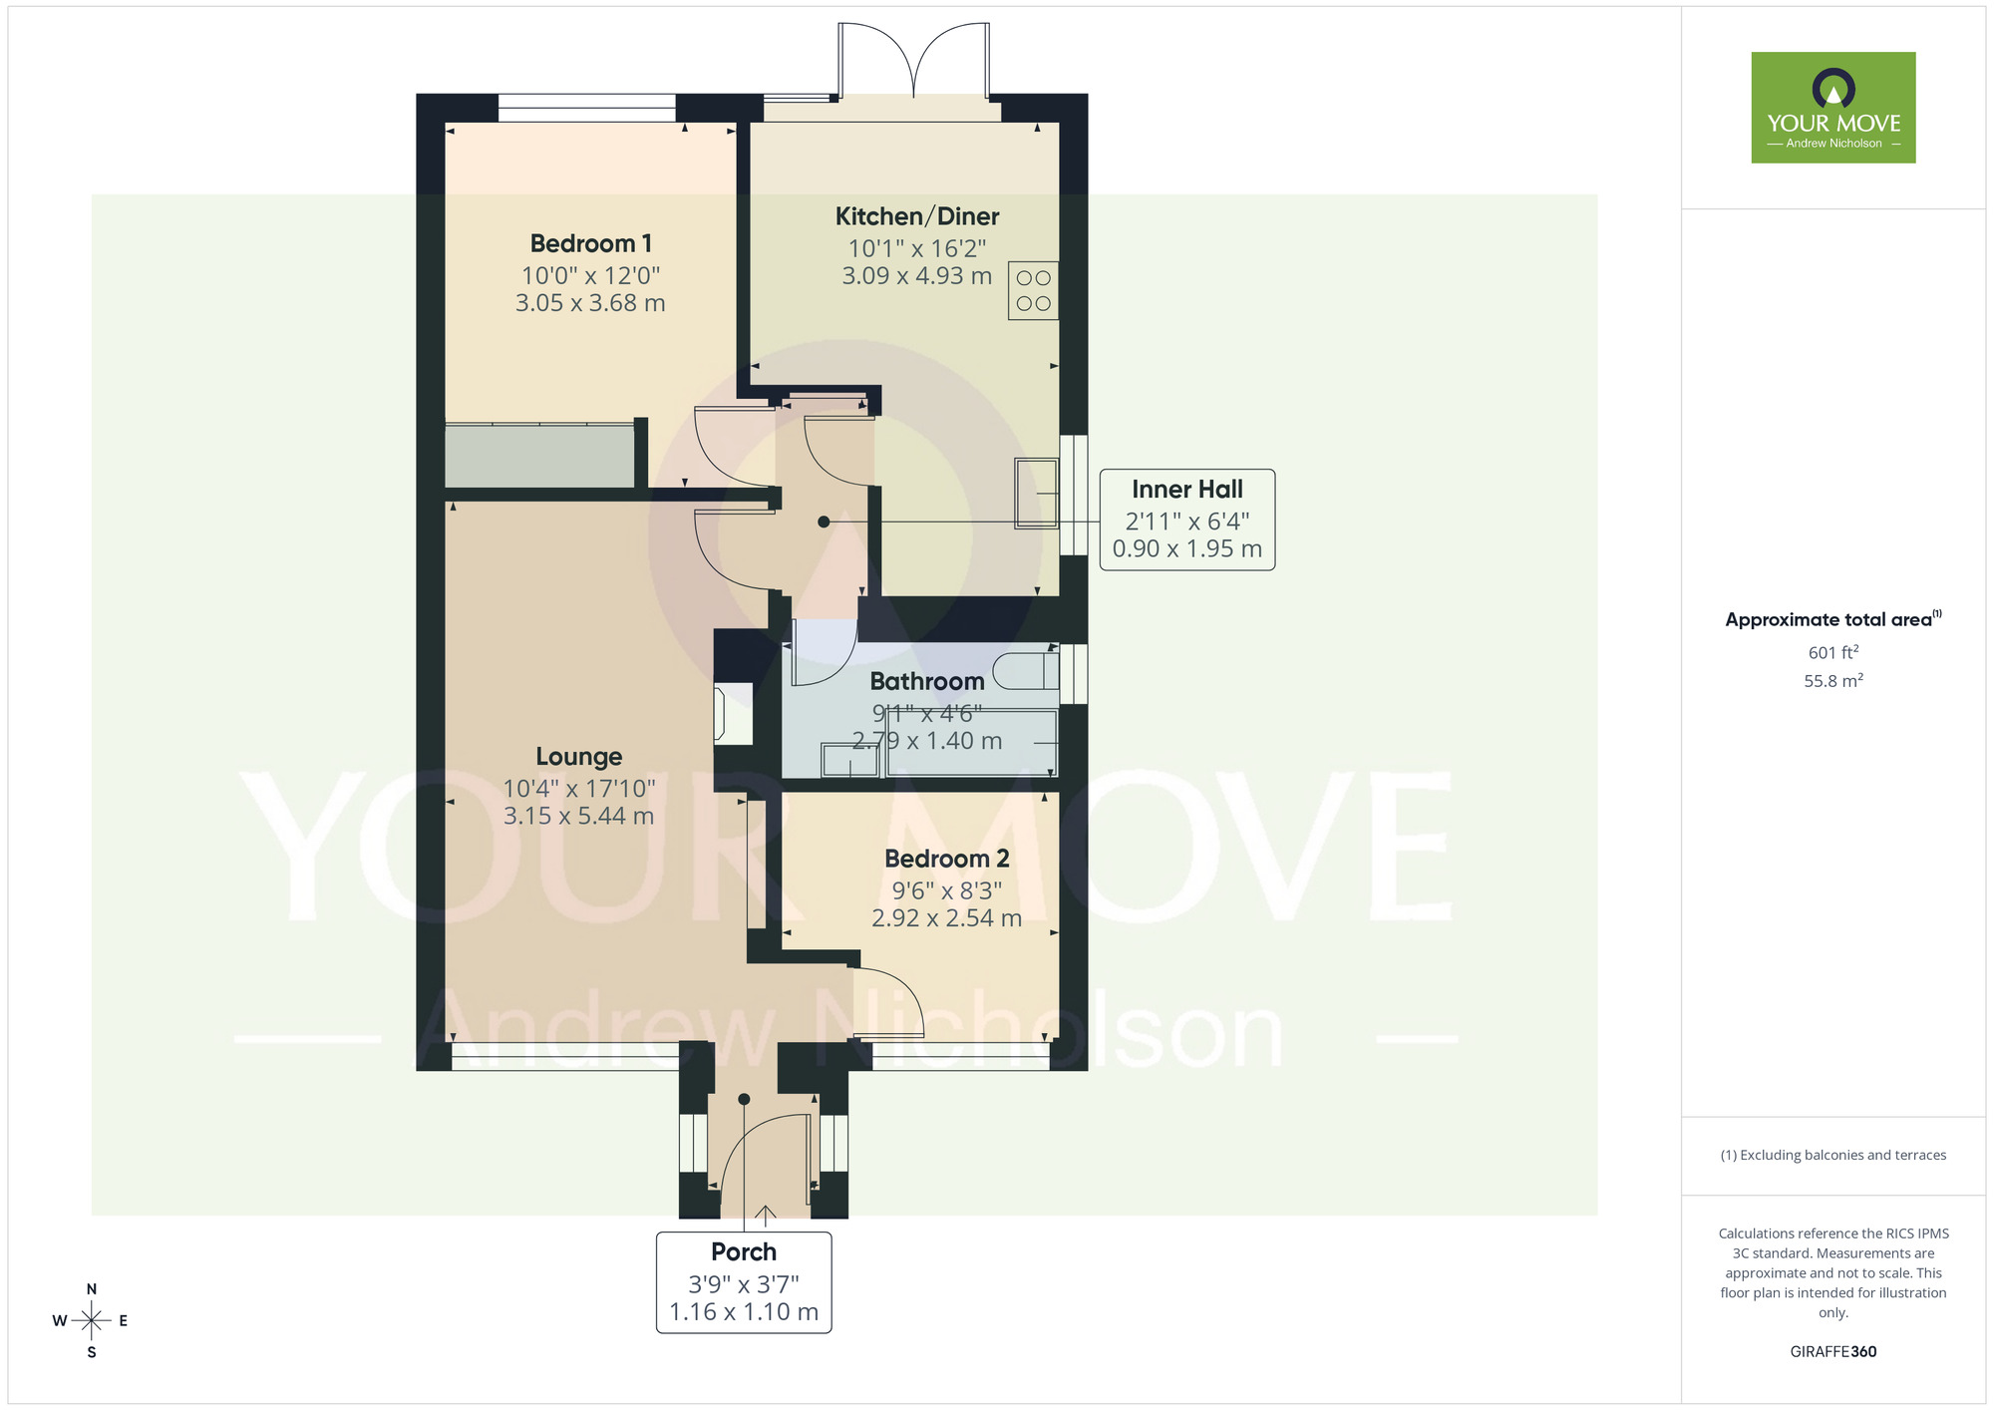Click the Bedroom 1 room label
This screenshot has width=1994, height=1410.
[x=590, y=243]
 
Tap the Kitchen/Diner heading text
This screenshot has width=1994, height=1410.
[x=916, y=216]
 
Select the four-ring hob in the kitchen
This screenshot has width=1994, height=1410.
[x=1033, y=290]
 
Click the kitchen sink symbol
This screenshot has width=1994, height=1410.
[x=1036, y=493]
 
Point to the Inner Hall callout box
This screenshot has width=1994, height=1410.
[x=1186, y=520]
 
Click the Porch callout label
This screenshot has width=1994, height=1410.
[x=744, y=1281]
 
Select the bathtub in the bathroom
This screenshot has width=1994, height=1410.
[x=970, y=743]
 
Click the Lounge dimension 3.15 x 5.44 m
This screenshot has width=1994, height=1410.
[x=578, y=817]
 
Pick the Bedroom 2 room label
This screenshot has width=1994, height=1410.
[x=946, y=859]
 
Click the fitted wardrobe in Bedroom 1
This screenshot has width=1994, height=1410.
[x=538, y=457]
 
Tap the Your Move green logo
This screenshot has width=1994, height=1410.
[x=1832, y=108]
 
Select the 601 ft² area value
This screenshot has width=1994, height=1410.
[x=1832, y=653]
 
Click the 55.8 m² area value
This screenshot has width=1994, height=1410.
[x=1832, y=681]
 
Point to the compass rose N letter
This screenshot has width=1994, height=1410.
[x=92, y=1289]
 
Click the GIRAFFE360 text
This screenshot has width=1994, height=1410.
[x=1832, y=1352]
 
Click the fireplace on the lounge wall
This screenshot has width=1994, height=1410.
[x=732, y=713]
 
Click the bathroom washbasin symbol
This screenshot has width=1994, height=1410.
[x=849, y=761]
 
